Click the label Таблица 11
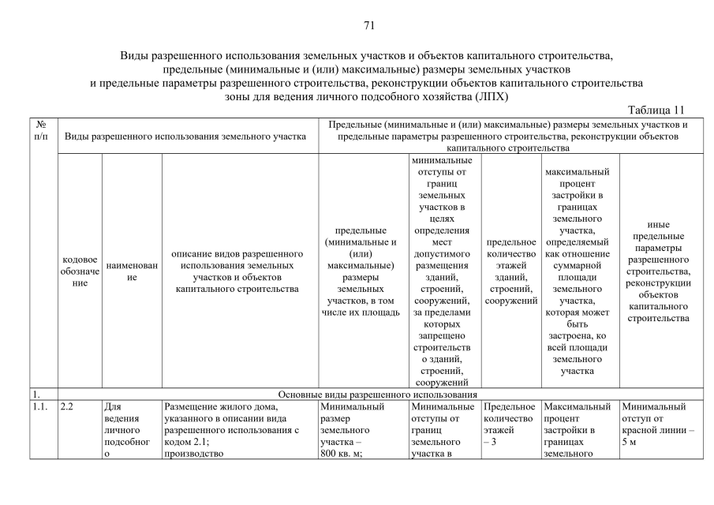660,110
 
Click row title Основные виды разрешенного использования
379,394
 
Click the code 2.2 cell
67,407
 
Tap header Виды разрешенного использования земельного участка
184,136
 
